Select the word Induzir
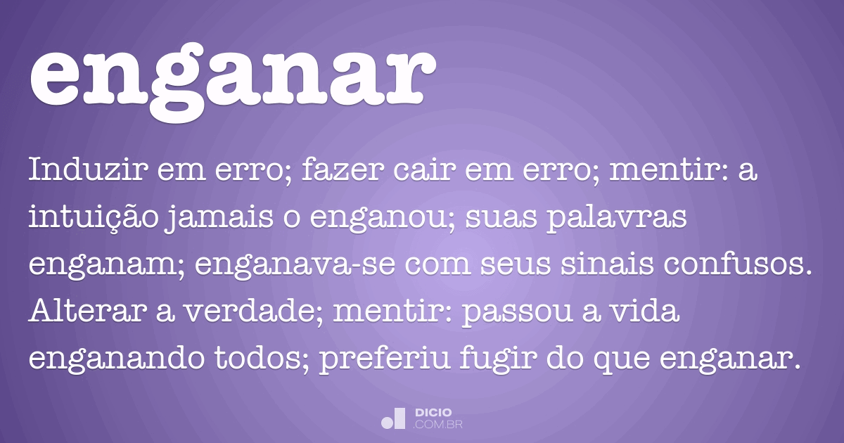point(88,169)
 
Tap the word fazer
point(343,169)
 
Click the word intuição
point(94,218)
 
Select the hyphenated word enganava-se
point(295,265)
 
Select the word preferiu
point(385,360)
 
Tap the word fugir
point(499,360)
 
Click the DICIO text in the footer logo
point(433,413)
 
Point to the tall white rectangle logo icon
point(399,418)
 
